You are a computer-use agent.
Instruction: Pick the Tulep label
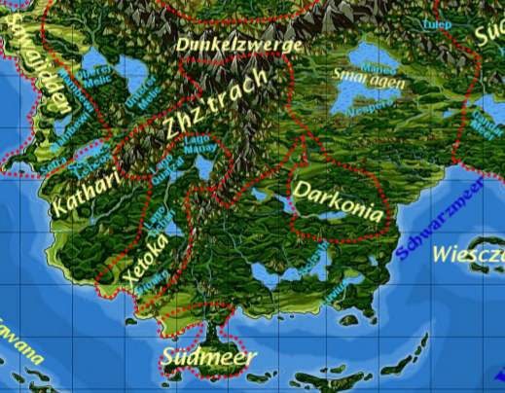[435, 23]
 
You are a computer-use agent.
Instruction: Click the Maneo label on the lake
[372, 69]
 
